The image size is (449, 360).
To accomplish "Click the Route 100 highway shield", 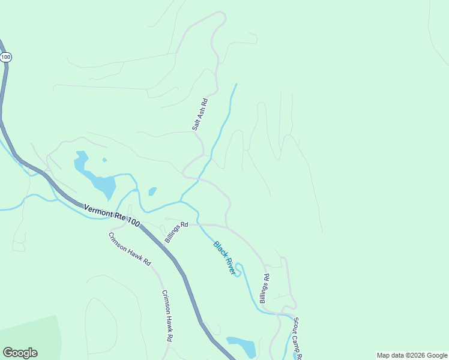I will point(6,57).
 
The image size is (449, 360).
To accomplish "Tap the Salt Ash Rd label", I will point(200,115).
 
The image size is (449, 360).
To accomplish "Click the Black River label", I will point(224,258).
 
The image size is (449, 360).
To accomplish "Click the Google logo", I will point(20,353).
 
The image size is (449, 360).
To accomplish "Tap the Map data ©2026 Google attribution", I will point(412,355).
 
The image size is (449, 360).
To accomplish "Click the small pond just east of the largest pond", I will point(152,191).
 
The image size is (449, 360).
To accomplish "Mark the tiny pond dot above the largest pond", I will point(104,160).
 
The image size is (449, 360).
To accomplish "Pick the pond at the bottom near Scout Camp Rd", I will point(243,346).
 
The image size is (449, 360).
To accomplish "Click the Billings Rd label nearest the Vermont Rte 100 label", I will point(176,232).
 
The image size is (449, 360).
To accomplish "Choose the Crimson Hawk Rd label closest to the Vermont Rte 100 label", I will point(130,249).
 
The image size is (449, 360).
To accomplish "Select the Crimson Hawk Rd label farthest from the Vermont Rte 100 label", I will point(167,316).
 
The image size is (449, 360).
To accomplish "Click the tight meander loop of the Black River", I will point(239,270).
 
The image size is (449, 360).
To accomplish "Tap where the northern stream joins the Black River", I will point(182,200).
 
